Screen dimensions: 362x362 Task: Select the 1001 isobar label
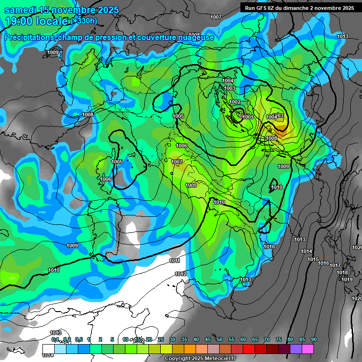[x=248, y=117]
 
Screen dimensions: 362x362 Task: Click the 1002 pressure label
[x=235, y=102]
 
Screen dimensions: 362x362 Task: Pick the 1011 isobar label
[x=174, y=261]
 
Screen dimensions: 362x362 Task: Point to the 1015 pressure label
[x=313, y=260]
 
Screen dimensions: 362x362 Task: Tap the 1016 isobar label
[x=323, y=263]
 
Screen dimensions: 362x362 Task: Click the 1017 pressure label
[x=335, y=266]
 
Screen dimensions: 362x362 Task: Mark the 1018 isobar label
[x=342, y=273]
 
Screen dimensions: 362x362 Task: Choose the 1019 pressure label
[x=347, y=280]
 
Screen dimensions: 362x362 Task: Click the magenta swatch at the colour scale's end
[x=308, y=348]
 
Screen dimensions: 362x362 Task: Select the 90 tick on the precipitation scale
[x=314, y=340]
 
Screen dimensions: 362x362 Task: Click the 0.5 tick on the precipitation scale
[x=78, y=340]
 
